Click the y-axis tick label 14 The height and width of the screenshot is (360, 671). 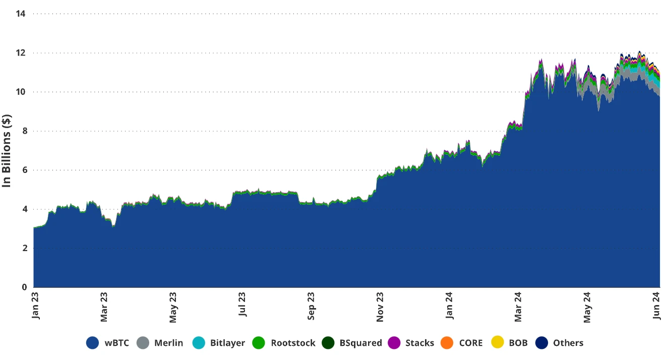pos(21,14)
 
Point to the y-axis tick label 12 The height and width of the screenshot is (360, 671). pos(21,53)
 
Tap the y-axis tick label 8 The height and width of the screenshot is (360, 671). pos(23,131)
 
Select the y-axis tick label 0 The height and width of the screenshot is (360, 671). pos(23,287)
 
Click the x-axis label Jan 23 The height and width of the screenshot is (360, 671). pos(36,307)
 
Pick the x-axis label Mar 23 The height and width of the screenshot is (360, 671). pos(105,307)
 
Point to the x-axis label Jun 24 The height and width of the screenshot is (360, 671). pos(656,307)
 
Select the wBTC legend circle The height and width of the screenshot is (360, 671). pos(92,343)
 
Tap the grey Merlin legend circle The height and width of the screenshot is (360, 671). pos(144,343)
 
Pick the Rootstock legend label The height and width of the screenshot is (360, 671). pos(293,343)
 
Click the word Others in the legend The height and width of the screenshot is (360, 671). pos(568,343)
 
